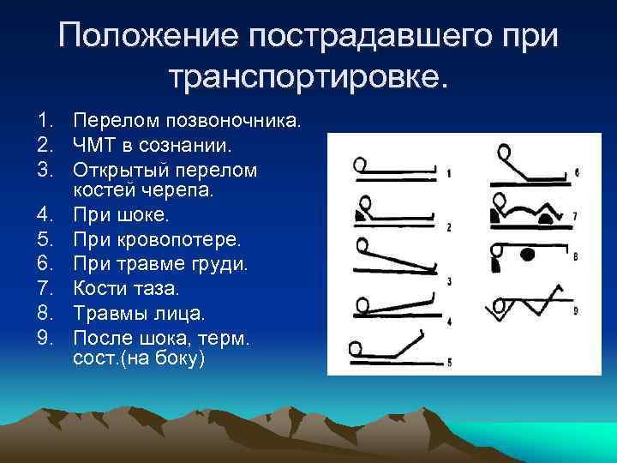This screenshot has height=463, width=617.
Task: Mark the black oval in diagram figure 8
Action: [527, 254]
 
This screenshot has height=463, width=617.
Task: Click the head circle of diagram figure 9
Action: [498, 306]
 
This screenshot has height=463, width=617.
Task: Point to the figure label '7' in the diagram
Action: [576, 215]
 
